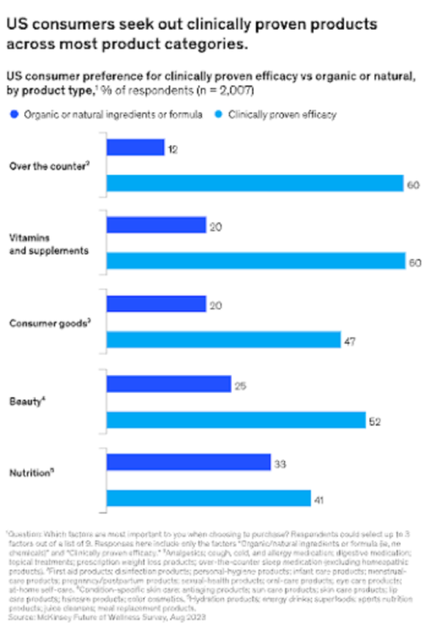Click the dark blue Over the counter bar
[135, 148]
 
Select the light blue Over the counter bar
[255, 184]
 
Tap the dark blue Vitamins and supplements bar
[156, 225]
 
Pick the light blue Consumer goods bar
[223, 339]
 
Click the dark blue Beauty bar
[168, 384]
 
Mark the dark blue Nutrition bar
[189, 462]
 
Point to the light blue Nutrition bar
[209, 498]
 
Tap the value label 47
[349, 340]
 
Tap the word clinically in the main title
[225, 25]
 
